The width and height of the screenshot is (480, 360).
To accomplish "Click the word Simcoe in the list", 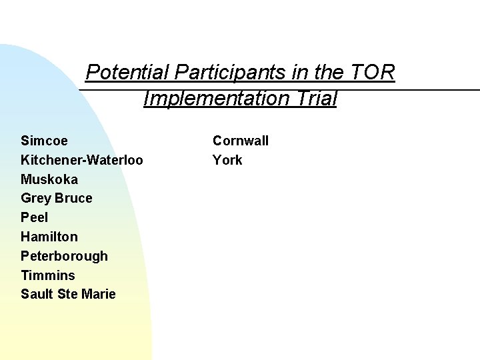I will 44,141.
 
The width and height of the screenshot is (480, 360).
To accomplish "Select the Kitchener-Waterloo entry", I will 81,160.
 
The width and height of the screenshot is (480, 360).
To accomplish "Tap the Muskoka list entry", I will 49,179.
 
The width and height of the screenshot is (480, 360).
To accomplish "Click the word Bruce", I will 74,199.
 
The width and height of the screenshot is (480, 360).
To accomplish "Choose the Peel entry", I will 35,217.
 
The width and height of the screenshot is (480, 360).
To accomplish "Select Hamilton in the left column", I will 49,237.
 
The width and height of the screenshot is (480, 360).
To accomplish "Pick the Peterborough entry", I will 64,256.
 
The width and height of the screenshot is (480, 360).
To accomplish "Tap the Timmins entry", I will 48,275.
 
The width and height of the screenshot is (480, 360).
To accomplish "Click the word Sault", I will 37,295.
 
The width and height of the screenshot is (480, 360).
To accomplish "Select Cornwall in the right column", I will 241,141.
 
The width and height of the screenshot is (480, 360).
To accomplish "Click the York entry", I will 227,160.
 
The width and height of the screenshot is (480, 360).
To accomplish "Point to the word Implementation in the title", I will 215,99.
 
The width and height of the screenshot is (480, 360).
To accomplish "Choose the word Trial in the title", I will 315,99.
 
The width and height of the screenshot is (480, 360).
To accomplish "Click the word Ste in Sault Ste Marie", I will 68,295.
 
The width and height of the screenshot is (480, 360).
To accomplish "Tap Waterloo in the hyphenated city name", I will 114,160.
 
